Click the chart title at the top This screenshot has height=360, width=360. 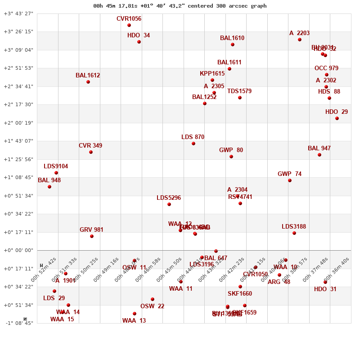click(180, 6)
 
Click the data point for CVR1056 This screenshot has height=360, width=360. click(129, 25)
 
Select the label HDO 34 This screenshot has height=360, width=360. click(139, 36)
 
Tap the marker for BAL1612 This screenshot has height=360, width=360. click(88, 82)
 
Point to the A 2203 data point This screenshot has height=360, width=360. click(300, 40)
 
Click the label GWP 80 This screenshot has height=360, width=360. click(231, 150)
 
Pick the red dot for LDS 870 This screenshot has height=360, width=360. click(193, 144)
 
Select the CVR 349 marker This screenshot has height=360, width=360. click(91, 152)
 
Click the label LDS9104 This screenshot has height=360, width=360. click(56, 166)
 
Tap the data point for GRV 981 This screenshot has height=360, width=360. click(92, 236)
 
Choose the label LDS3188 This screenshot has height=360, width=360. click(294, 227)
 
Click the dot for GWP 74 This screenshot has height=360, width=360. click(290, 180)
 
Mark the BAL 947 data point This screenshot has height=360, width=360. click(319, 155)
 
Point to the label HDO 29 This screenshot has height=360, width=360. click(337, 112)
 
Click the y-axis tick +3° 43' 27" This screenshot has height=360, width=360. click(18, 13)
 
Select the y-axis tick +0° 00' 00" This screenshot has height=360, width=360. click(18, 250)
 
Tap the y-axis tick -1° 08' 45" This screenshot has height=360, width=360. click(18, 323)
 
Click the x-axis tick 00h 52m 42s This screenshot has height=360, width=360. click(44, 270)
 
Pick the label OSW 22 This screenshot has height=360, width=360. click(152, 306)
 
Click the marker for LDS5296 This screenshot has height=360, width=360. click(169, 204)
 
